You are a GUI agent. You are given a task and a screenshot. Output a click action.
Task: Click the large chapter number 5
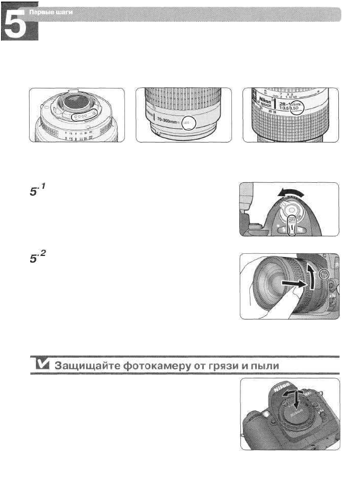[20, 26]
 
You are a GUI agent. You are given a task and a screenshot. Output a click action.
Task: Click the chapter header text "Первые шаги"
[60, 12]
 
